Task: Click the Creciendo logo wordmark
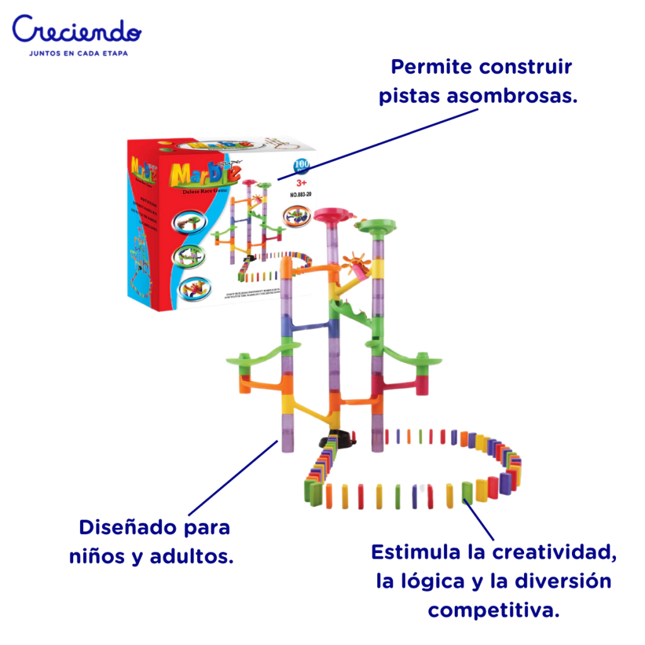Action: (76, 30)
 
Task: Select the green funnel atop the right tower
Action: (379, 225)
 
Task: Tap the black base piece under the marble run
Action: (338, 438)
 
